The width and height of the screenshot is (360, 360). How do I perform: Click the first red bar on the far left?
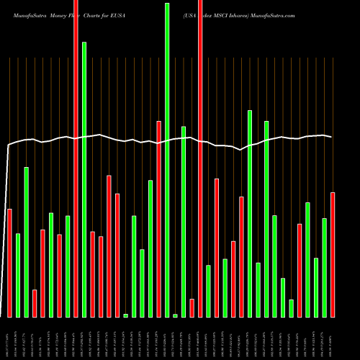pos(9,263)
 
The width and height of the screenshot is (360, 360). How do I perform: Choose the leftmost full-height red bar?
pos(76,158)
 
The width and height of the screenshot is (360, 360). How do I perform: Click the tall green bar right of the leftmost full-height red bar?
pos(84,179)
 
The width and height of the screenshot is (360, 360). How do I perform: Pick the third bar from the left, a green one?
pos(26,242)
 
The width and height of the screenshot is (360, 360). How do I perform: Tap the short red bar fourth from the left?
pos(35,303)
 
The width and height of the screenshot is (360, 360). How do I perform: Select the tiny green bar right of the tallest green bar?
pos(175,315)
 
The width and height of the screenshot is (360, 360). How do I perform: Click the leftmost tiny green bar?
pos(125,315)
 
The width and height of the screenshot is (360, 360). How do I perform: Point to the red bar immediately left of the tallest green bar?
pos(158,219)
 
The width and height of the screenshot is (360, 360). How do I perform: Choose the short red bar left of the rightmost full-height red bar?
pos(192,307)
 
